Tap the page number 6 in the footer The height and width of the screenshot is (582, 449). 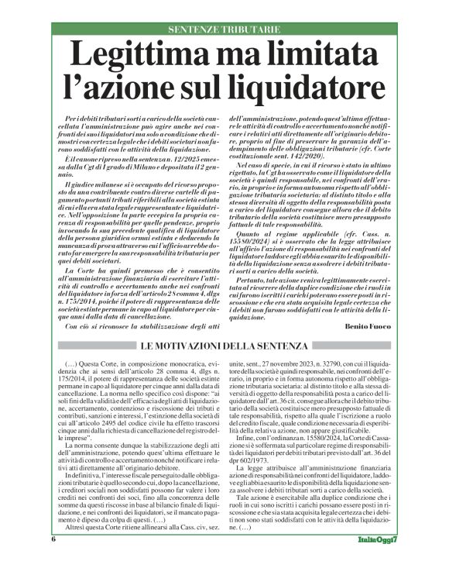click(x=53, y=560)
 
